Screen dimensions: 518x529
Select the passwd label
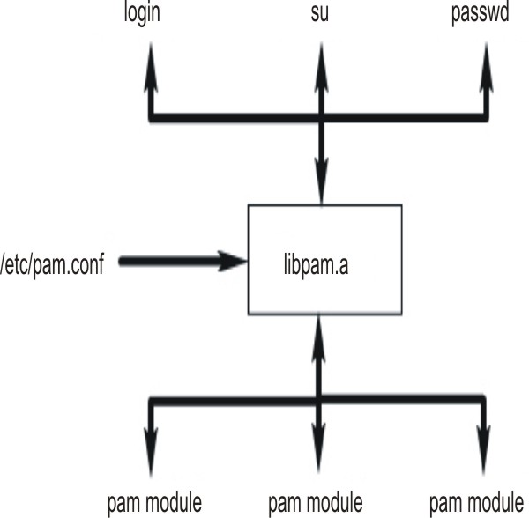pyautogui.click(x=484, y=16)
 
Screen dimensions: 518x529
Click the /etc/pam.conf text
pyautogui.click(x=52, y=262)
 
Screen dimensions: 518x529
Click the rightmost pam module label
pyautogui.click(x=477, y=505)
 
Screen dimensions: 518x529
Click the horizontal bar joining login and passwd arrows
pyautogui.click(x=229, y=116)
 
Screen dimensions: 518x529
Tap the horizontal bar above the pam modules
pyautogui.click(x=229, y=401)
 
